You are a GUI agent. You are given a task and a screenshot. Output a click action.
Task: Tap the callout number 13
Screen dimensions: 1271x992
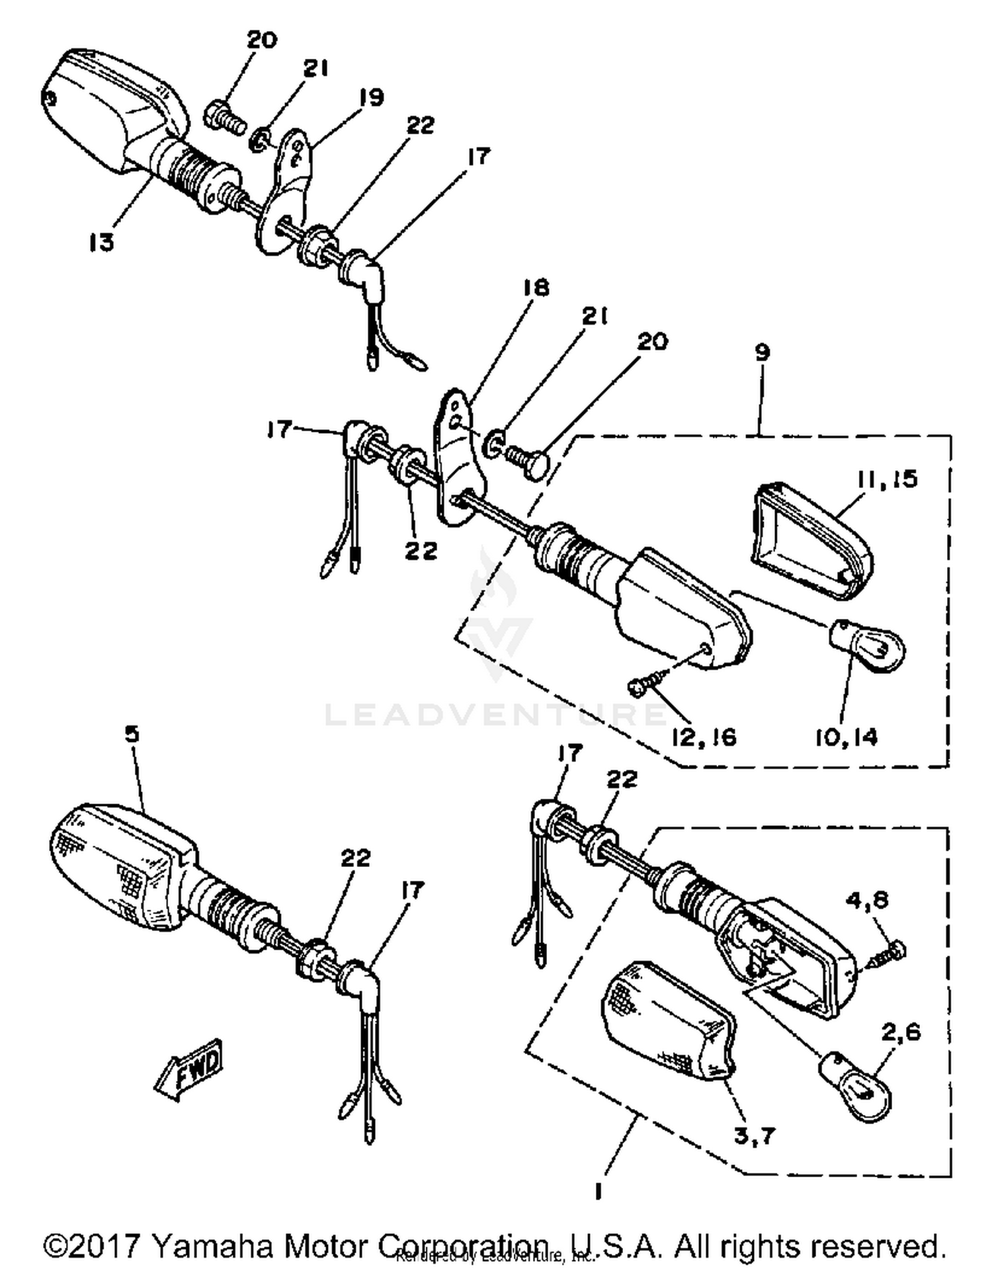(x=102, y=243)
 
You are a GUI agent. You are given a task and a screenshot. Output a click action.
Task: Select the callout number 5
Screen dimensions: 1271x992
(x=132, y=734)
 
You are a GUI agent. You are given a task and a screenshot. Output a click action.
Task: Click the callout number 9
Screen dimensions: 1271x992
(x=762, y=352)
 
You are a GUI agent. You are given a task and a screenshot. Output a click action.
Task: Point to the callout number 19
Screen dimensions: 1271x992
(x=371, y=98)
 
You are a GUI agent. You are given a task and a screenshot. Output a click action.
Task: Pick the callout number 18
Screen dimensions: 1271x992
(x=536, y=288)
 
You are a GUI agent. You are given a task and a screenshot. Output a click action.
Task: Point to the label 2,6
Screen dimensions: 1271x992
(x=901, y=1033)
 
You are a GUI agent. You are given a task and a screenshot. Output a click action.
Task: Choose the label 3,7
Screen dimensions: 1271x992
(x=754, y=1137)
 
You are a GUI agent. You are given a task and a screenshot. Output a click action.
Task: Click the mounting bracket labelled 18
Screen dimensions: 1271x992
(x=458, y=463)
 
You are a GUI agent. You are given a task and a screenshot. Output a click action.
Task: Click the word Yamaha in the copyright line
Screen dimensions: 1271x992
(x=213, y=1247)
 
